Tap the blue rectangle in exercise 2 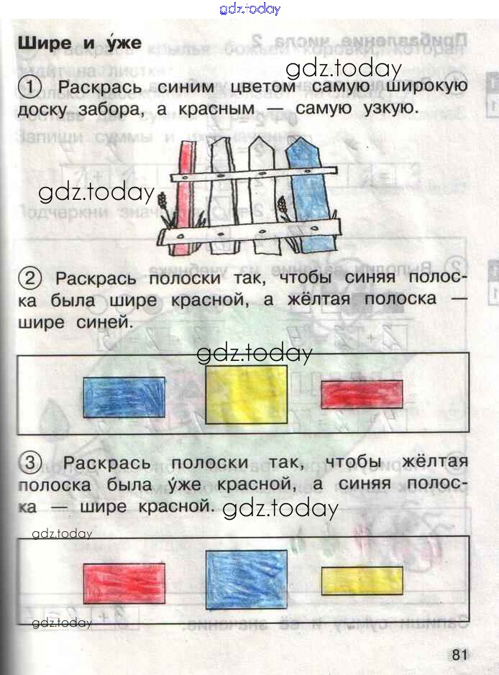[124, 397]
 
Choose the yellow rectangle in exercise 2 [247, 394]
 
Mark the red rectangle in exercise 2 [362, 394]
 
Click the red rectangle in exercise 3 [124, 583]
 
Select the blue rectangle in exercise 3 [247, 579]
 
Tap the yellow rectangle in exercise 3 [362, 580]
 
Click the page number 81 [460, 655]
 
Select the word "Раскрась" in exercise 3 [106, 462]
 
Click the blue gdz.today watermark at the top [249, 9]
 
